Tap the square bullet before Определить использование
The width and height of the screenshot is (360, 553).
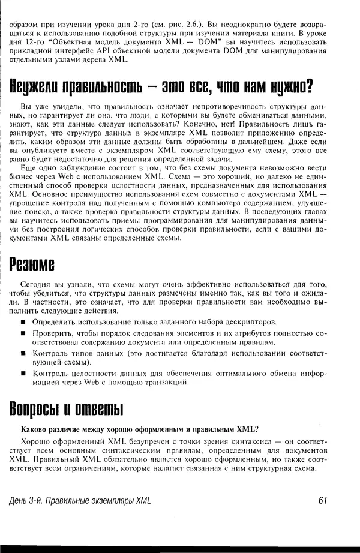click(24, 322)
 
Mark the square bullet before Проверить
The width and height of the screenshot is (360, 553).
click(24, 332)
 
